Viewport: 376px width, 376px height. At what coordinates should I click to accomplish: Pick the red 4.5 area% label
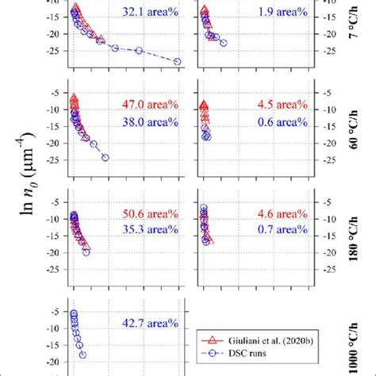[x=280, y=105]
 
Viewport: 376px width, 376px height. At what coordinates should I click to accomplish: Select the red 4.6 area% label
[x=280, y=214]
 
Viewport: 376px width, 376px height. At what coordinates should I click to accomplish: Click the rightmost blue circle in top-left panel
[x=177, y=62]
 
